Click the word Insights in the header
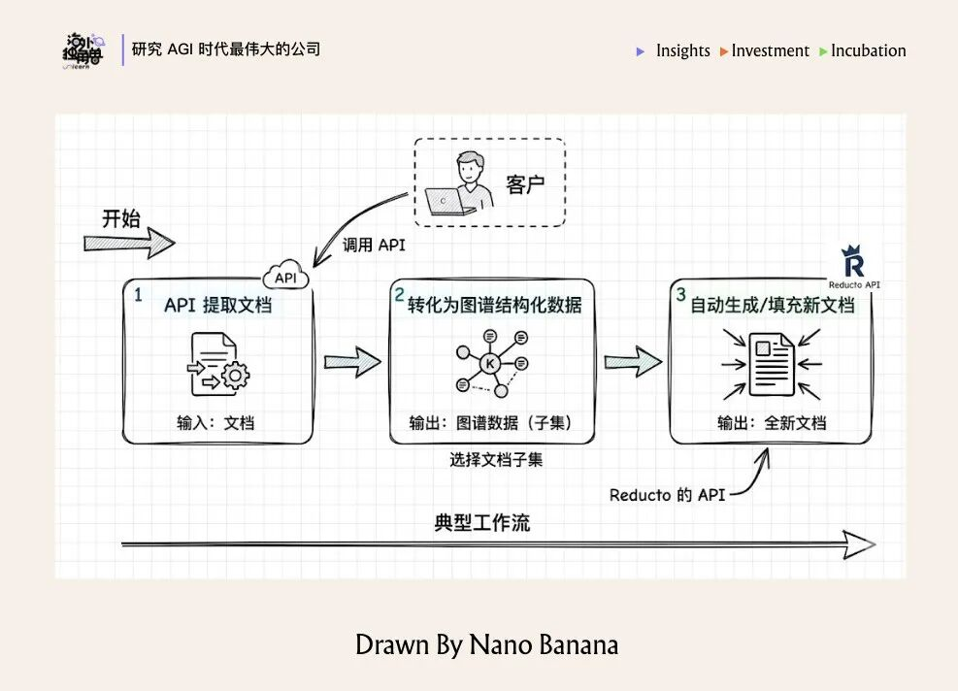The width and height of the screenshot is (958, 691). pyautogui.click(x=682, y=50)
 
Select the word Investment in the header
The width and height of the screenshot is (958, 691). pyautogui.click(x=770, y=50)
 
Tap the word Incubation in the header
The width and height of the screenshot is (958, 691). pyautogui.click(x=869, y=50)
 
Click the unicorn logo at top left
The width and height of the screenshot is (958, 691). pyautogui.click(x=83, y=51)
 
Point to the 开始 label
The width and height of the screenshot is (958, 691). pyautogui.click(x=121, y=218)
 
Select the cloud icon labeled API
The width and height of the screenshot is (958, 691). pyautogui.click(x=285, y=276)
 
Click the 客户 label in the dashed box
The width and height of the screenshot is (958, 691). pyautogui.click(x=525, y=184)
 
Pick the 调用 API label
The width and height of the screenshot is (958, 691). pyautogui.click(x=374, y=246)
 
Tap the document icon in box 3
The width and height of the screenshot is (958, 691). pyautogui.click(x=771, y=363)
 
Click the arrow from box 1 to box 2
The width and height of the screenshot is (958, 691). pyautogui.click(x=351, y=363)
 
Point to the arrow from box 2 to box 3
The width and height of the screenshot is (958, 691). pyautogui.click(x=633, y=363)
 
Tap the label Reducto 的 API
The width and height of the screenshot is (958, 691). pyautogui.click(x=668, y=495)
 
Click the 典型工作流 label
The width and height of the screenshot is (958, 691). pyautogui.click(x=482, y=523)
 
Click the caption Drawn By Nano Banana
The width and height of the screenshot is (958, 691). pyautogui.click(x=486, y=644)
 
